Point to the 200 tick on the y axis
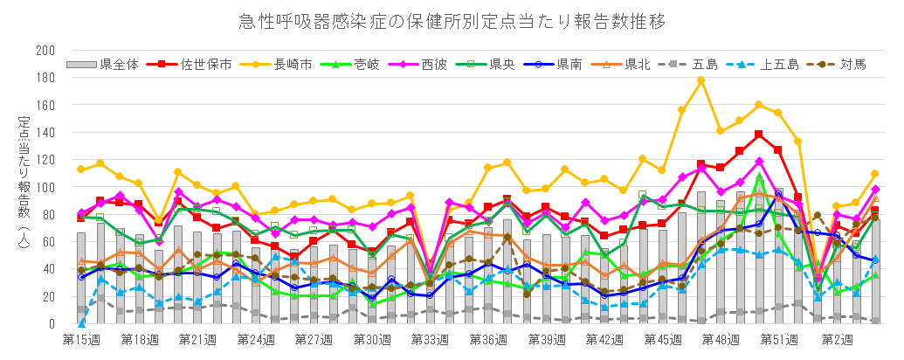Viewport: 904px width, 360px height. click(45, 51)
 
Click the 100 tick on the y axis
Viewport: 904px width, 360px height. click(45, 187)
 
